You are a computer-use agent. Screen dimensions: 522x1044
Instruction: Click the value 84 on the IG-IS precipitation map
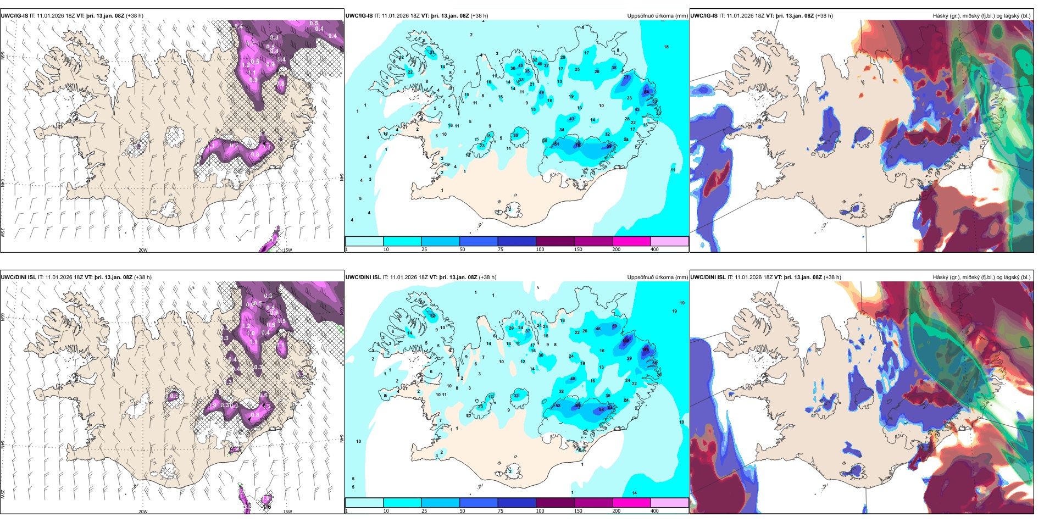pyautogui.click(x=646, y=92)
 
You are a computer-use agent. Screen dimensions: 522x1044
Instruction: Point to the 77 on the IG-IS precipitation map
pyautogui.click(x=626, y=77)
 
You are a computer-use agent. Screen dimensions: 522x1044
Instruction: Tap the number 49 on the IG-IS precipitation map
pyautogui.click(x=541, y=92)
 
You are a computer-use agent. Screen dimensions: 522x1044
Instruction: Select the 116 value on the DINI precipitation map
pyautogui.click(x=646, y=349)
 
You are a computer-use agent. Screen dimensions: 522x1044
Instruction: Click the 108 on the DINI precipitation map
pyautogui.click(x=626, y=341)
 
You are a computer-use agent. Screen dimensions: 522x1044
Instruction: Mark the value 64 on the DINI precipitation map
pyautogui.click(x=609, y=408)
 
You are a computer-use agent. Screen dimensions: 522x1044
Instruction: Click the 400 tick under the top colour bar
pyautogui.click(x=654, y=249)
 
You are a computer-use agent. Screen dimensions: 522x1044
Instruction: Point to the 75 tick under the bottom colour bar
pyautogui.click(x=500, y=511)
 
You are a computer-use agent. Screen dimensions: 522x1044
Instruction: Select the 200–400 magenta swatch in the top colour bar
pyautogui.click(x=631, y=241)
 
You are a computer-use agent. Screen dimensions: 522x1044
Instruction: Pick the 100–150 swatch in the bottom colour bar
pyautogui.click(x=555, y=503)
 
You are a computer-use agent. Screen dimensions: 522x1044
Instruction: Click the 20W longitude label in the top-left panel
pyautogui.click(x=143, y=250)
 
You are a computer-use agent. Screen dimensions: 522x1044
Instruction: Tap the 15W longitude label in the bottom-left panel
pyautogui.click(x=287, y=512)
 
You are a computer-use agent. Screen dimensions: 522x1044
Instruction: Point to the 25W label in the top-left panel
pyautogui.click(x=3, y=232)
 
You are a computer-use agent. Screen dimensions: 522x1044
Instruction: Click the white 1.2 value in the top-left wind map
pyautogui.click(x=246, y=65)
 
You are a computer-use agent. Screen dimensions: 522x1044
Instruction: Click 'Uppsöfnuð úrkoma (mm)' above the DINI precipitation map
pyautogui.click(x=657, y=277)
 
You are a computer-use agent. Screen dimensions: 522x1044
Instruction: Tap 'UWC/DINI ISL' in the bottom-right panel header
pyautogui.click(x=709, y=277)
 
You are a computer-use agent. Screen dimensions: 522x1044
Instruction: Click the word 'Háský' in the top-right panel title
pyautogui.click(x=941, y=16)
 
